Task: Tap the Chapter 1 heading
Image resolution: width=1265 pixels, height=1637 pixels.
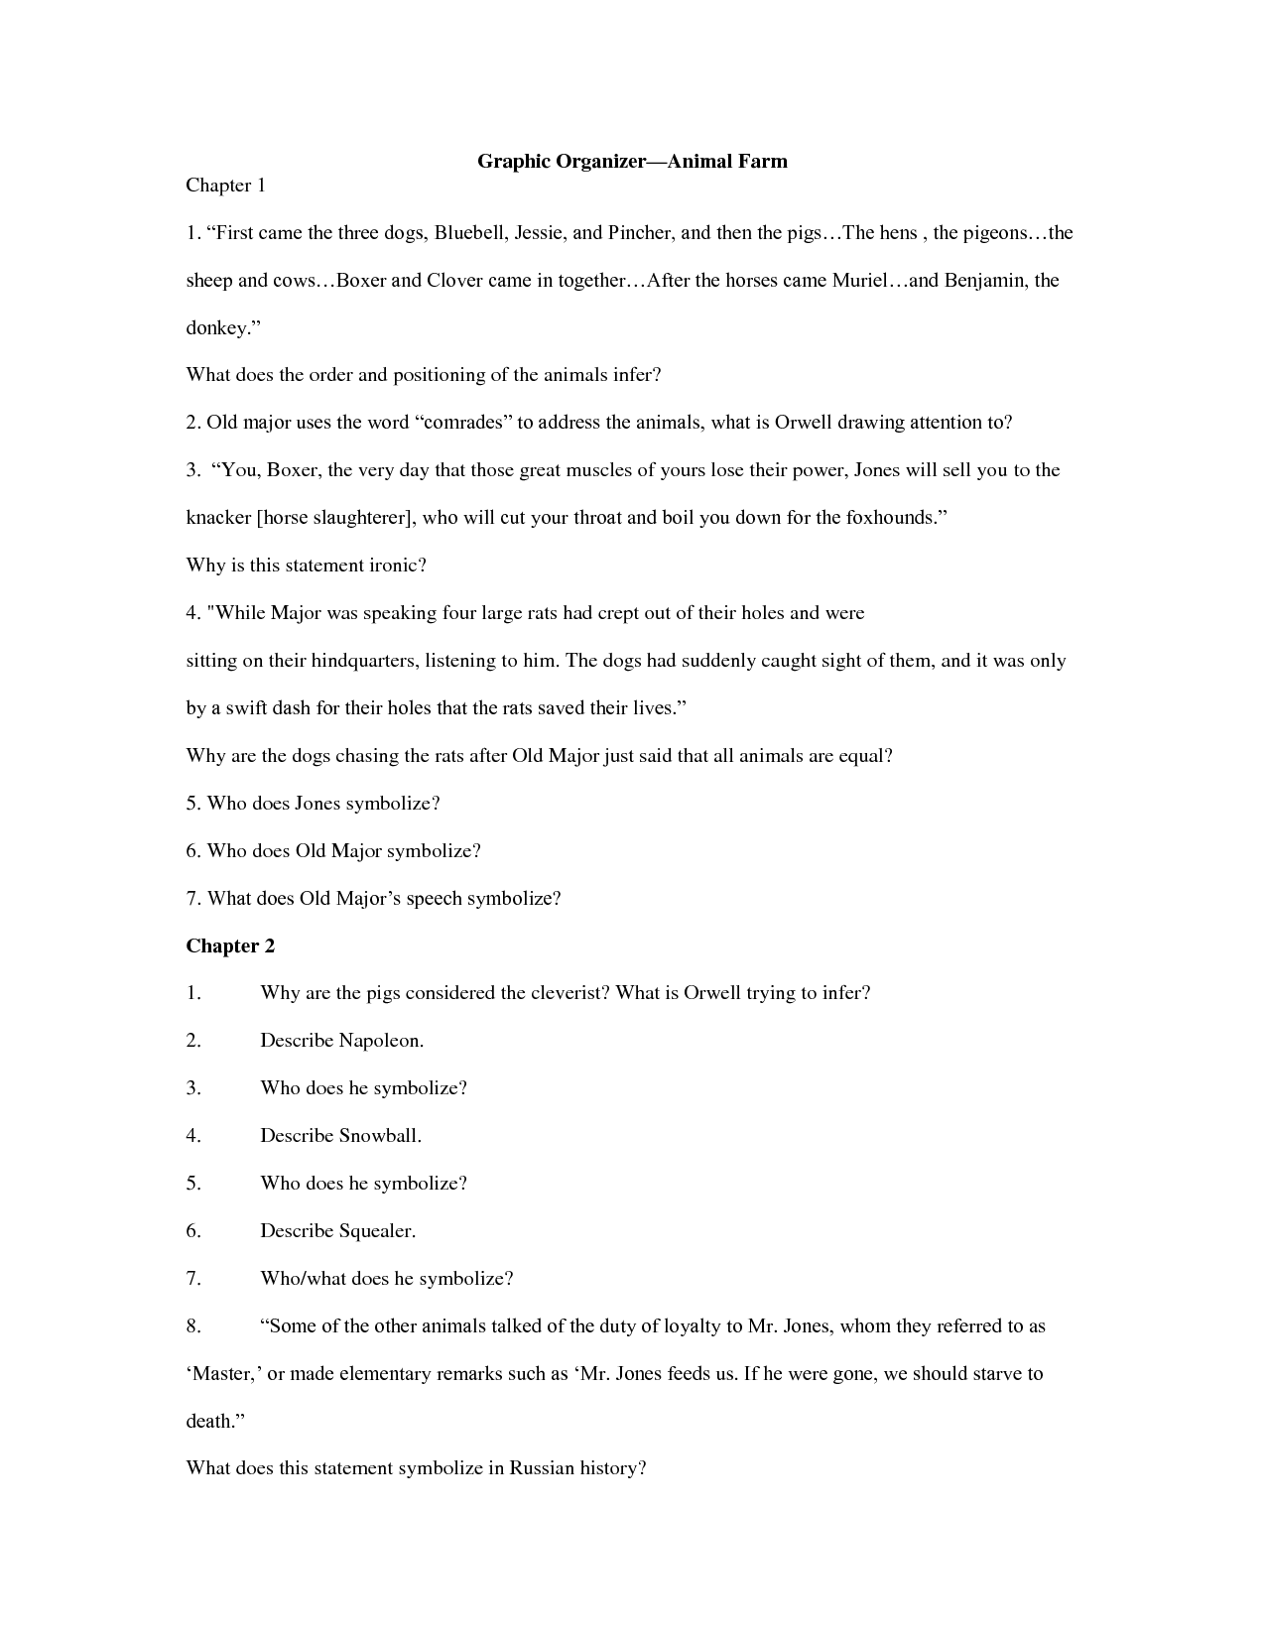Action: pyautogui.click(x=225, y=186)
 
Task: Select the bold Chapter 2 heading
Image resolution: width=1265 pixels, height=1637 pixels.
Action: pyautogui.click(x=230, y=946)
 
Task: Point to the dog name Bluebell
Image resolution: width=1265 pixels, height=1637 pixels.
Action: pyautogui.click(x=467, y=233)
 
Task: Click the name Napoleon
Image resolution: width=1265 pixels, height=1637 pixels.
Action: pyautogui.click(x=381, y=1041)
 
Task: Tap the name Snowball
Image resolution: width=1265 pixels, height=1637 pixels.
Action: pyautogui.click(x=380, y=1136)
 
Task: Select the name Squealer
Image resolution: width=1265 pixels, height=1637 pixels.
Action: pyautogui.click(x=377, y=1231)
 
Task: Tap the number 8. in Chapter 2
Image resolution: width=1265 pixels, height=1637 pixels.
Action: pyautogui.click(x=193, y=1326)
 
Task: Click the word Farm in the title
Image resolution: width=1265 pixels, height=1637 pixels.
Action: pyautogui.click(x=763, y=162)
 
